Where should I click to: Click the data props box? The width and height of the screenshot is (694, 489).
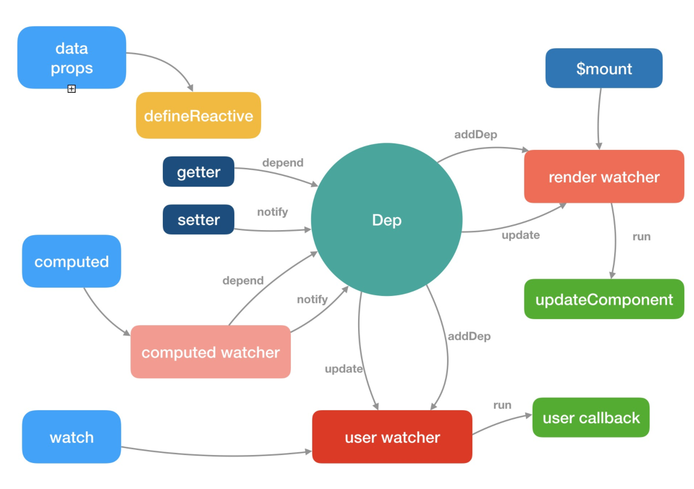(x=71, y=58)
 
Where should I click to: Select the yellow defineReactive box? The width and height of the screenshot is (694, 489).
(x=198, y=115)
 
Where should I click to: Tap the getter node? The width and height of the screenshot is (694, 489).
(x=198, y=172)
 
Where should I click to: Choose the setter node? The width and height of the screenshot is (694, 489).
(x=198, y=219)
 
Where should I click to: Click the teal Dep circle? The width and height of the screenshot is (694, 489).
(x=386, y=219)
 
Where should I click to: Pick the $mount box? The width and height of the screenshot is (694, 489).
(x=604, y=68)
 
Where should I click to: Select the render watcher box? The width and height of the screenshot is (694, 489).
(x=604, y=177)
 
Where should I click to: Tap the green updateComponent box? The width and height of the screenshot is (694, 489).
(x=604, y=299)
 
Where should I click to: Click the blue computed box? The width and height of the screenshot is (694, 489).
(x=71, y=261)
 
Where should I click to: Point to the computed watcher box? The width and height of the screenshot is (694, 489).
(x=211, y=352)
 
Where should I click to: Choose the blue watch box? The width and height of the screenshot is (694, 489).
(x=71, y=437)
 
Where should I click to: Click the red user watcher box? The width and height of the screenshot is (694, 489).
(x=392, y=437)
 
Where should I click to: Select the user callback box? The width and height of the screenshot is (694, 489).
(x=591, y=418)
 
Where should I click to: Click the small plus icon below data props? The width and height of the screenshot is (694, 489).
(x=71, y=89)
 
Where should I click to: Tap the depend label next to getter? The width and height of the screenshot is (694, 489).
(x=283, y=163)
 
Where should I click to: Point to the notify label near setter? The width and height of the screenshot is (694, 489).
(x=273, y=212)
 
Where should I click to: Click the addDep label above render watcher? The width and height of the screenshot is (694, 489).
(x=476, y=135)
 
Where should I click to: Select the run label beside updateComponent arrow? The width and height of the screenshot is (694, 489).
(x=641, y=237)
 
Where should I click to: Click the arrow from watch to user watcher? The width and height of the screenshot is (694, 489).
(x=217, y=456)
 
